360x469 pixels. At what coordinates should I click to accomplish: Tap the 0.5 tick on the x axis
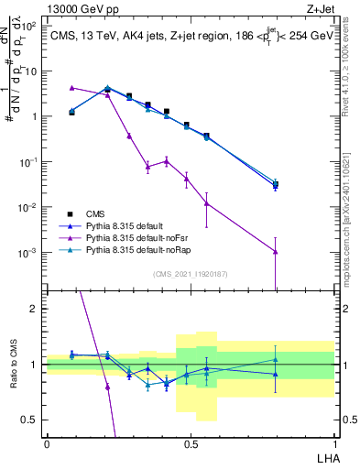(x=191, y=444)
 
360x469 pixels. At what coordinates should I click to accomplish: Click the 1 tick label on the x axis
(x=333, y=444)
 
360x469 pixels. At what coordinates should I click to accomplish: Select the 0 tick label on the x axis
(x=47, y=444)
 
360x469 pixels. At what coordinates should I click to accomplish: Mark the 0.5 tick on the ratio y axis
(x=33, y=420)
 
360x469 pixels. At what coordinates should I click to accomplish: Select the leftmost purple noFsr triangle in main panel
(x=71, y=88)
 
